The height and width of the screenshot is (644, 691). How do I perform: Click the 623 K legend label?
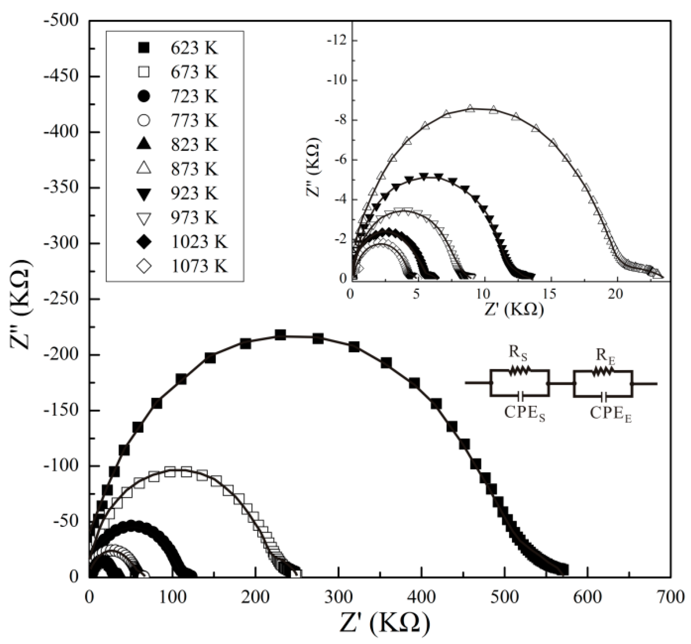click(194, 48)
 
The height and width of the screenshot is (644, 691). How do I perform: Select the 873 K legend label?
click(194, 169)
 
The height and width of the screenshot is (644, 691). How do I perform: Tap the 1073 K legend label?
click(199, 266)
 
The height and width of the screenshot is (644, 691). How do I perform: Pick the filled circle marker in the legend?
click(144, 96)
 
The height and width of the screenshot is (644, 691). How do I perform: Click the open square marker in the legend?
click(144, 72)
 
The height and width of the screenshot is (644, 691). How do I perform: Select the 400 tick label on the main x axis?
click(421, 598)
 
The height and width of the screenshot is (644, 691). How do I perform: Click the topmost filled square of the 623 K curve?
click(280, 335)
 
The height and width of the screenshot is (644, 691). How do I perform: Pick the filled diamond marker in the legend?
click(144, 242)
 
